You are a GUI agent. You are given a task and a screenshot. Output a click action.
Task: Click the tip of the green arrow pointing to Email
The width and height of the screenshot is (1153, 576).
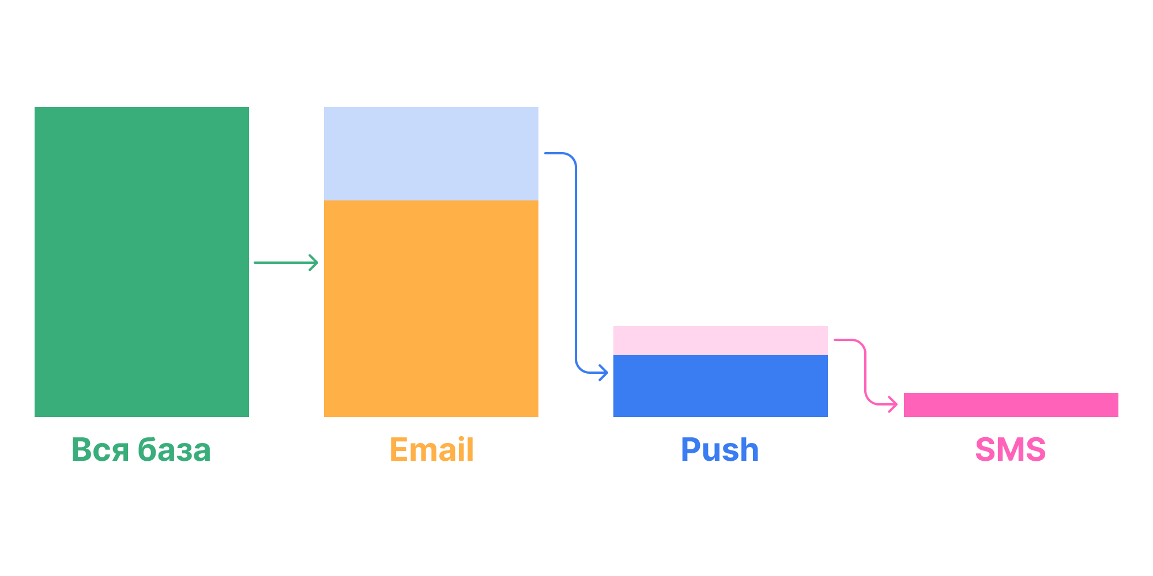318,263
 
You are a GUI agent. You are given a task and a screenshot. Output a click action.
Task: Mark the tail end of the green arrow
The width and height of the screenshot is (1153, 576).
254,263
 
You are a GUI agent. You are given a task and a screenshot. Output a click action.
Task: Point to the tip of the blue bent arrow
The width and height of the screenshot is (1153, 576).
608,373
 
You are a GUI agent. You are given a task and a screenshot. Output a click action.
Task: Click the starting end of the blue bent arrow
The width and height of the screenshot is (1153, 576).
545,153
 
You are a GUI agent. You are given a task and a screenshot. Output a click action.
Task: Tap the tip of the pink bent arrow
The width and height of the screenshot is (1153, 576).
898,404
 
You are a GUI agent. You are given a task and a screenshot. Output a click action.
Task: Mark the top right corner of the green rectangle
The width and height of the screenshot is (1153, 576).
249,107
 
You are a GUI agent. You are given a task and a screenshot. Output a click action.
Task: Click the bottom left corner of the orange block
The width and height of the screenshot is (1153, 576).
324,417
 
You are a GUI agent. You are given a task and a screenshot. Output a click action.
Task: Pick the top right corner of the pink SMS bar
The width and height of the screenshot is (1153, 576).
1118,393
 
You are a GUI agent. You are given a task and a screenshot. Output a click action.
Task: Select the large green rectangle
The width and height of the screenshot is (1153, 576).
142,262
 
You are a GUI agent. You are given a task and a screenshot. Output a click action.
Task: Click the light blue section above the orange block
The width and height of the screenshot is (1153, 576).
431,154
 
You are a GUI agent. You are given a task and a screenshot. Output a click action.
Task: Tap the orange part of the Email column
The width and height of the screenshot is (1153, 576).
431,309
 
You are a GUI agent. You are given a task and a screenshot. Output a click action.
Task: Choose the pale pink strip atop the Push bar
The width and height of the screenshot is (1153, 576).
721,340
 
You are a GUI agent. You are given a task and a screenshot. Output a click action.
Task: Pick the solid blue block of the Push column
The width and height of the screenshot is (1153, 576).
721,386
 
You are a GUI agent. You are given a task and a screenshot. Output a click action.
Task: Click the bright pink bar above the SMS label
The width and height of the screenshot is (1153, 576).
1011,405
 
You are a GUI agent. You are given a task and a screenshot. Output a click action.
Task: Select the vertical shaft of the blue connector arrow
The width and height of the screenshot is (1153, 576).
576,263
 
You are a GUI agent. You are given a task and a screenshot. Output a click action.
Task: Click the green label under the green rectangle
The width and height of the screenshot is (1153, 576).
141,450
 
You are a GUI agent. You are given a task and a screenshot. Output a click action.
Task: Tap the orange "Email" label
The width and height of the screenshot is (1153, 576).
432,449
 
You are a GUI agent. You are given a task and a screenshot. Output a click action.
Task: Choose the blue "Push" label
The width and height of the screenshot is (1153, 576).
720,450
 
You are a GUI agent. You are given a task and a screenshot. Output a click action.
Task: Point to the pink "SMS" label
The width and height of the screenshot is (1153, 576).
1011,450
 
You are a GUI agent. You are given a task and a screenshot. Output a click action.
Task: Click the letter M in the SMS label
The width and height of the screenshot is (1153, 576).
1011,450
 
